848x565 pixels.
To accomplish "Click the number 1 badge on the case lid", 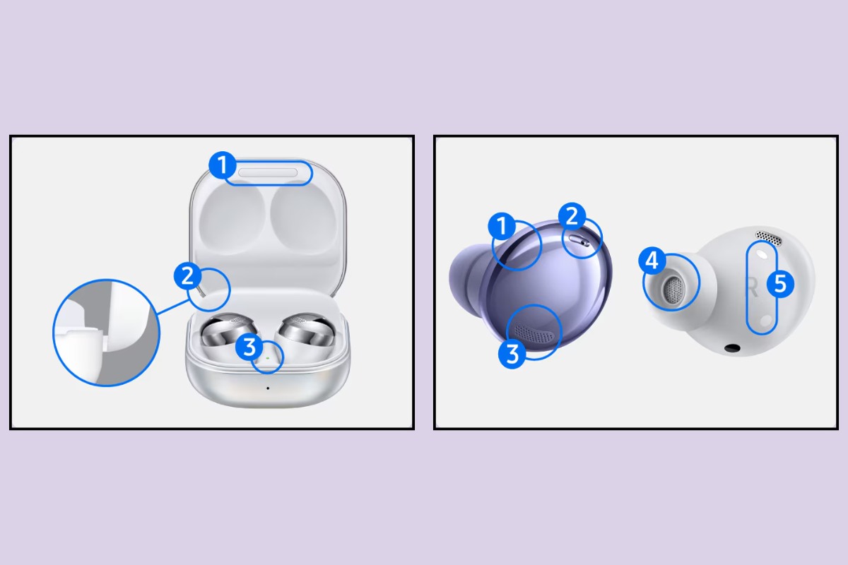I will [x=222, y=167].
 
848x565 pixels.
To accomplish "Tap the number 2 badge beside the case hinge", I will [x=187, y=275].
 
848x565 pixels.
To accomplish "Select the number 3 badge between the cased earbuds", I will [x=249, y=346].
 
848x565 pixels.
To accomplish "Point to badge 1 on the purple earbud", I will [x=502, y=227].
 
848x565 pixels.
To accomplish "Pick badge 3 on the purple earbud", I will [x=512, y=353].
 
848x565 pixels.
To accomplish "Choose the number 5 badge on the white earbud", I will [x=780, y=284].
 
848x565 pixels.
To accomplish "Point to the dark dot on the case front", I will [x=267, y=387].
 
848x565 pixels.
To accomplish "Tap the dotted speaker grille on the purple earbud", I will [x=534, y=332].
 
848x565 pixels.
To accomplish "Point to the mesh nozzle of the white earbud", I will [x=673, y=290].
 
